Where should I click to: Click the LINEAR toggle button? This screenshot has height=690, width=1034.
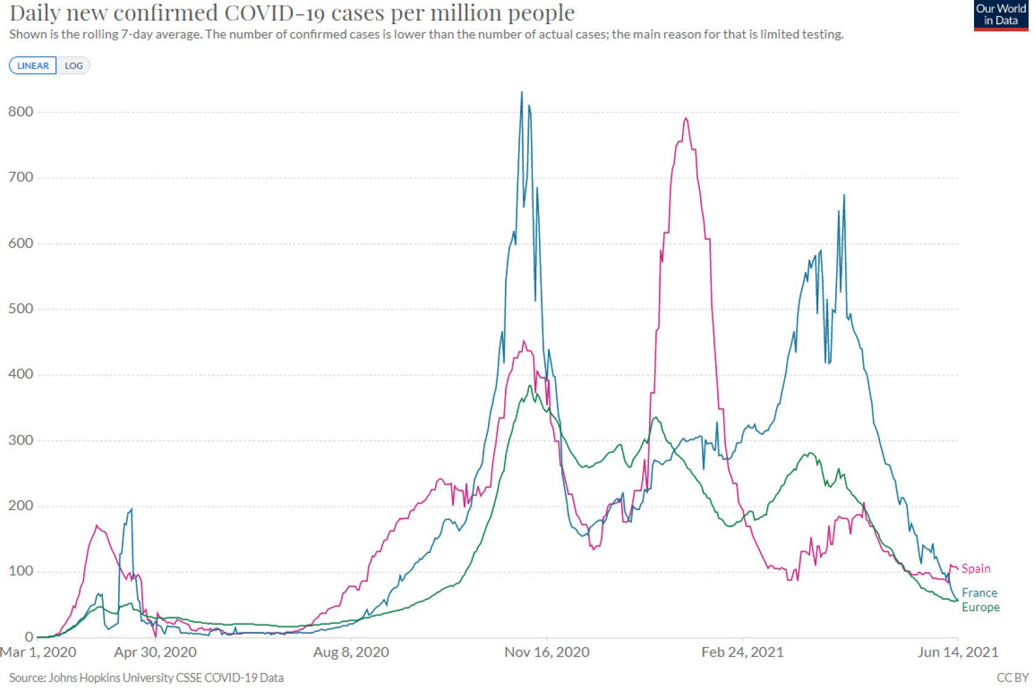[33, 65]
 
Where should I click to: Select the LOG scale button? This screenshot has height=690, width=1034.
[73, 65]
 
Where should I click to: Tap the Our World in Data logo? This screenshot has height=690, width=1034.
[1000, 15]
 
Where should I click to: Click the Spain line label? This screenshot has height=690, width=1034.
[976, 568]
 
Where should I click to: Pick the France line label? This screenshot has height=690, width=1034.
[979, 592]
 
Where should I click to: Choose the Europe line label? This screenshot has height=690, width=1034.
[980, 607]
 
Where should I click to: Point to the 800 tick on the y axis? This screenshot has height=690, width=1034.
[21, 111]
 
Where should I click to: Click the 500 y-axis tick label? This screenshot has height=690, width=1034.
[21, 308]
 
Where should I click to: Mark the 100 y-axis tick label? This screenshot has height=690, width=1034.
[21, 571]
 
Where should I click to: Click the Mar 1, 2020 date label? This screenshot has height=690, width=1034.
[38, 652]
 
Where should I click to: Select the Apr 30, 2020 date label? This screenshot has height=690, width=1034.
[155, 652]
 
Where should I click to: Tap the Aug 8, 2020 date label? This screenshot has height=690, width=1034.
[351, 652]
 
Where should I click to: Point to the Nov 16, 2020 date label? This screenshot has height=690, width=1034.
[547, 652]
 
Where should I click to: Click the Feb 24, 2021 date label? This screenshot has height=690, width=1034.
[742, 652]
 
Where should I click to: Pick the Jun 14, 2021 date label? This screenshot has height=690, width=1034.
[958, 652]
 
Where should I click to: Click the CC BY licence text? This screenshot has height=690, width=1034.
[1012, 677]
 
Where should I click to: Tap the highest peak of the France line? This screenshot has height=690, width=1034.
[522, 93]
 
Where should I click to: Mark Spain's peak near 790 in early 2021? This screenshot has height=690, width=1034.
[685, 118]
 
